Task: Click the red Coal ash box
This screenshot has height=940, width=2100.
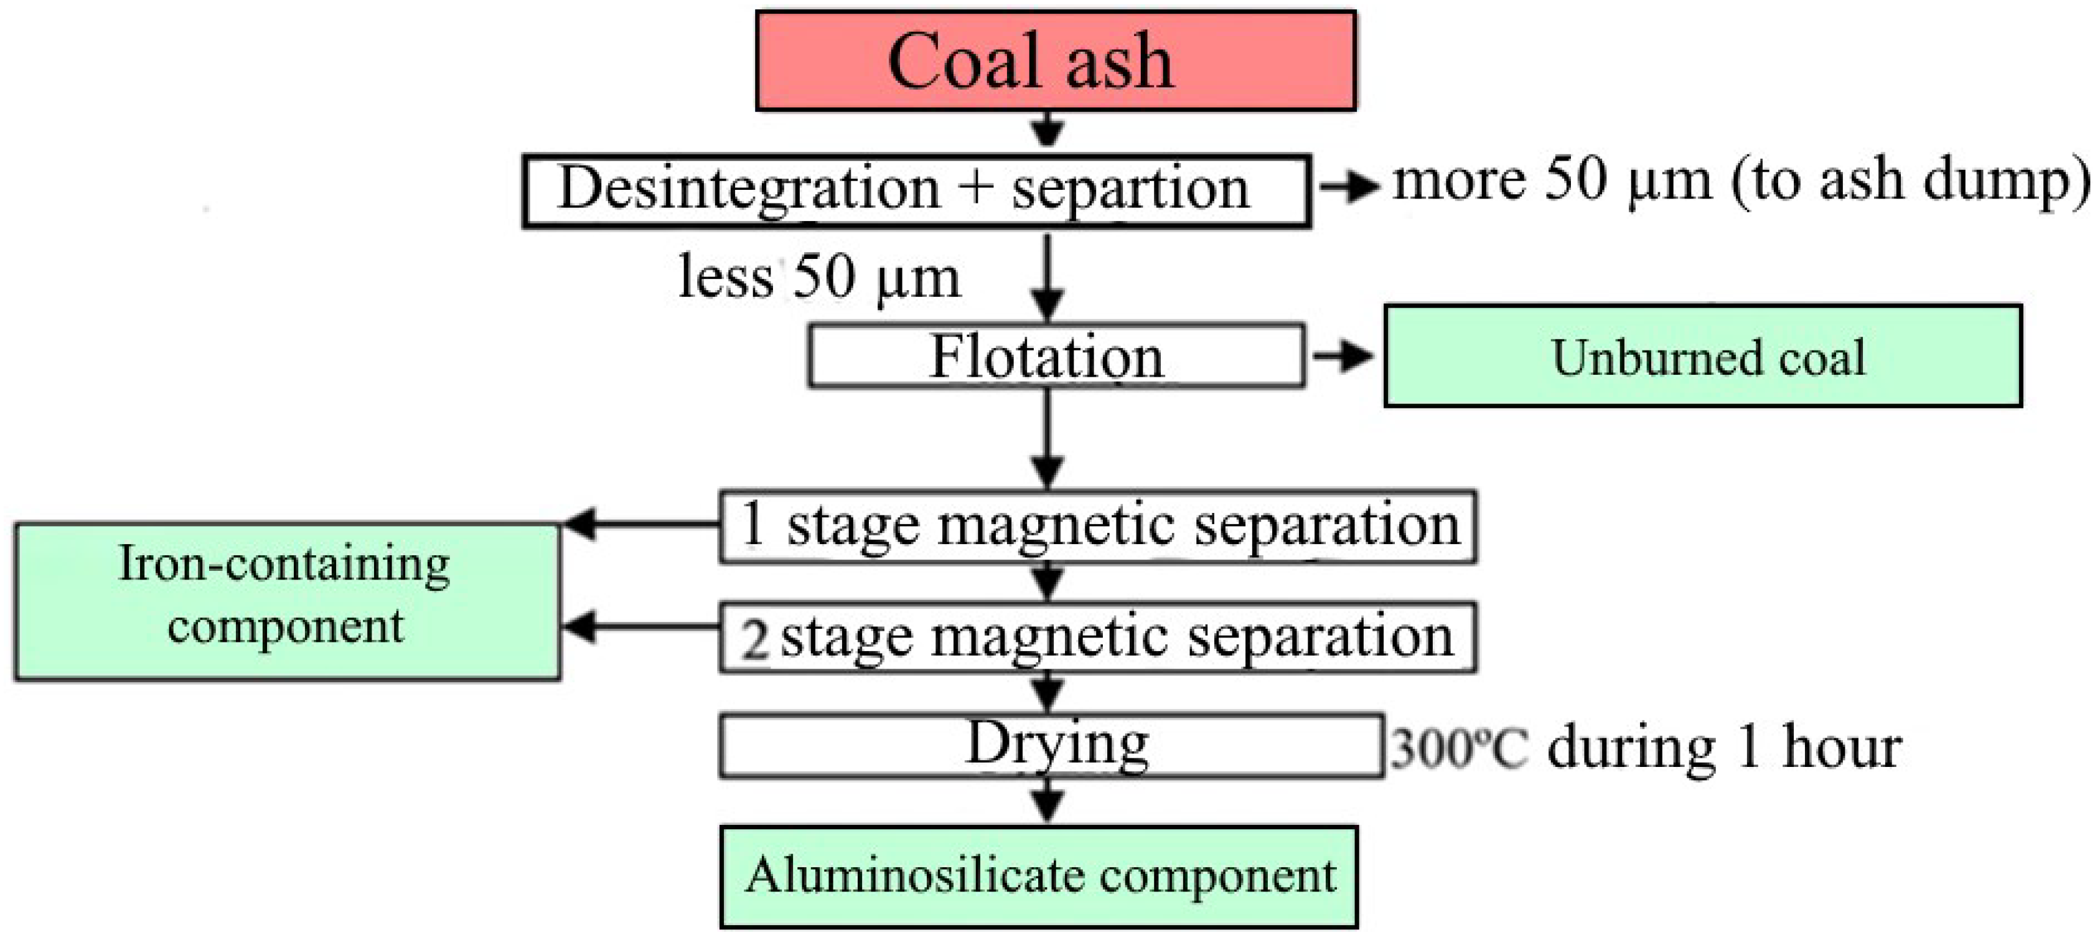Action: click(1056, 60)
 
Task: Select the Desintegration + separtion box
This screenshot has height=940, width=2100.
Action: click(916, 190)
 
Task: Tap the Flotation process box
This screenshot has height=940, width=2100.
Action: click(1056, 356)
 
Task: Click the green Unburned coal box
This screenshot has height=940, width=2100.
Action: click(1703, 356)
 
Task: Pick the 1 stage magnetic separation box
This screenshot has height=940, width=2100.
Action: click(1097, 526)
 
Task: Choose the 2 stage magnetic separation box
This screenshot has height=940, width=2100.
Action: click(1097, 637)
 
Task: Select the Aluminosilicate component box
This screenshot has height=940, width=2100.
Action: click(1039, 877)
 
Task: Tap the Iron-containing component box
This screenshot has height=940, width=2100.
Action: click(287, 601)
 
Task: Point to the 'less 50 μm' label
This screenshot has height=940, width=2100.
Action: click(819, 277)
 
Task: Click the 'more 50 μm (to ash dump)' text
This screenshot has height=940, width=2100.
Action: click(1740, 181)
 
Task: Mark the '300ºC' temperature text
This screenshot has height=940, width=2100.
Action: click(1458, 748)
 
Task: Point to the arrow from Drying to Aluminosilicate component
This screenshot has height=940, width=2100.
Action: click(1048, 801)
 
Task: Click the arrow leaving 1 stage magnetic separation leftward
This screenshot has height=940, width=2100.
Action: click(640, 524)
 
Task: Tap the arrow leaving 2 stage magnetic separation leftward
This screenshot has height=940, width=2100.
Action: click(640, 627)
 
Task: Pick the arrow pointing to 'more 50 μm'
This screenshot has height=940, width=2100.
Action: click(1349, 187)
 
